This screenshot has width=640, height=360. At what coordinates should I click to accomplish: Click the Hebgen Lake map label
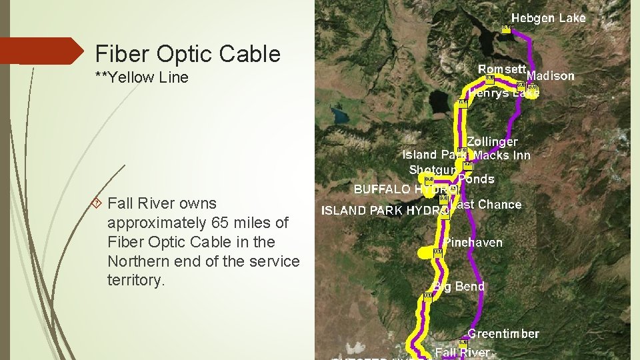point(548,18)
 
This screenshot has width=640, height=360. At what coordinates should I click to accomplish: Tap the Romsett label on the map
point(503,69)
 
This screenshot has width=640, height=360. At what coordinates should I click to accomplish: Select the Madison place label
point(551,76)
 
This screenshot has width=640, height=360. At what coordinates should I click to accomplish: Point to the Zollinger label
point(492,141)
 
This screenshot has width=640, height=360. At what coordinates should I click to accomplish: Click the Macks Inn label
point(502,155)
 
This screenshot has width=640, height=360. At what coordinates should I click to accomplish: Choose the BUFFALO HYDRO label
point(405,189)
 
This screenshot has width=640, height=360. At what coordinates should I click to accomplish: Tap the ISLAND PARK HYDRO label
point(385,210)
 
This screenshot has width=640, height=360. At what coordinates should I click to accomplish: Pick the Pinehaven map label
point(473,242)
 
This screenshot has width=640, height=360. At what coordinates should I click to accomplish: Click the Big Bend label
point(459,286)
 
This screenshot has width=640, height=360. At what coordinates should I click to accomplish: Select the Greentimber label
point(503,333)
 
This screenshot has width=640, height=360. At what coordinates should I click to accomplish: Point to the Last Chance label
point(486,204)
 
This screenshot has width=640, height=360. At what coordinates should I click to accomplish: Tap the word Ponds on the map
point(476,179)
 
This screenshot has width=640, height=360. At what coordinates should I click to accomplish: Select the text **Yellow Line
point(142,77)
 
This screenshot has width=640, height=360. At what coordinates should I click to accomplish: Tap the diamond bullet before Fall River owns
point(97,203)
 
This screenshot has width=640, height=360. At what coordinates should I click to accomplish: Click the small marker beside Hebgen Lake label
point(506,28)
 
